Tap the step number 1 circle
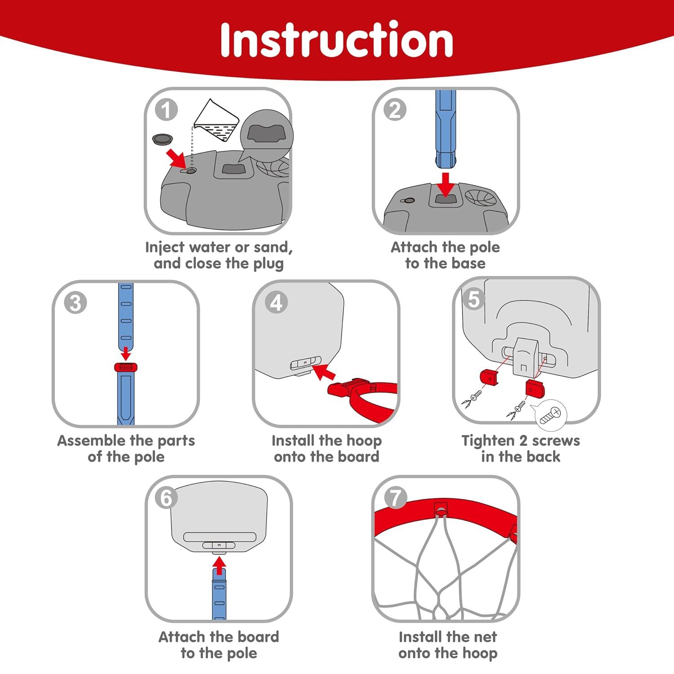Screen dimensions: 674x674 click(x=166, y=110)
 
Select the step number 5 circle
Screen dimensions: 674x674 click(x=474, y=299)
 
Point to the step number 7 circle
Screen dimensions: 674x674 click(x=395, y=498)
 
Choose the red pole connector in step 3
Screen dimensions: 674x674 click(x=126, y=367)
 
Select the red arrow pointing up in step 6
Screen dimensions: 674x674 click(x=219, y=565)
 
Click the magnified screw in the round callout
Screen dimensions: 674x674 click(x=551, y=415)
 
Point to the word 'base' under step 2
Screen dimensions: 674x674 click(x=468, y=263)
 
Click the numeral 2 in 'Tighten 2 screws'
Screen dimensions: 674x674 click(x=523, y=441)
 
